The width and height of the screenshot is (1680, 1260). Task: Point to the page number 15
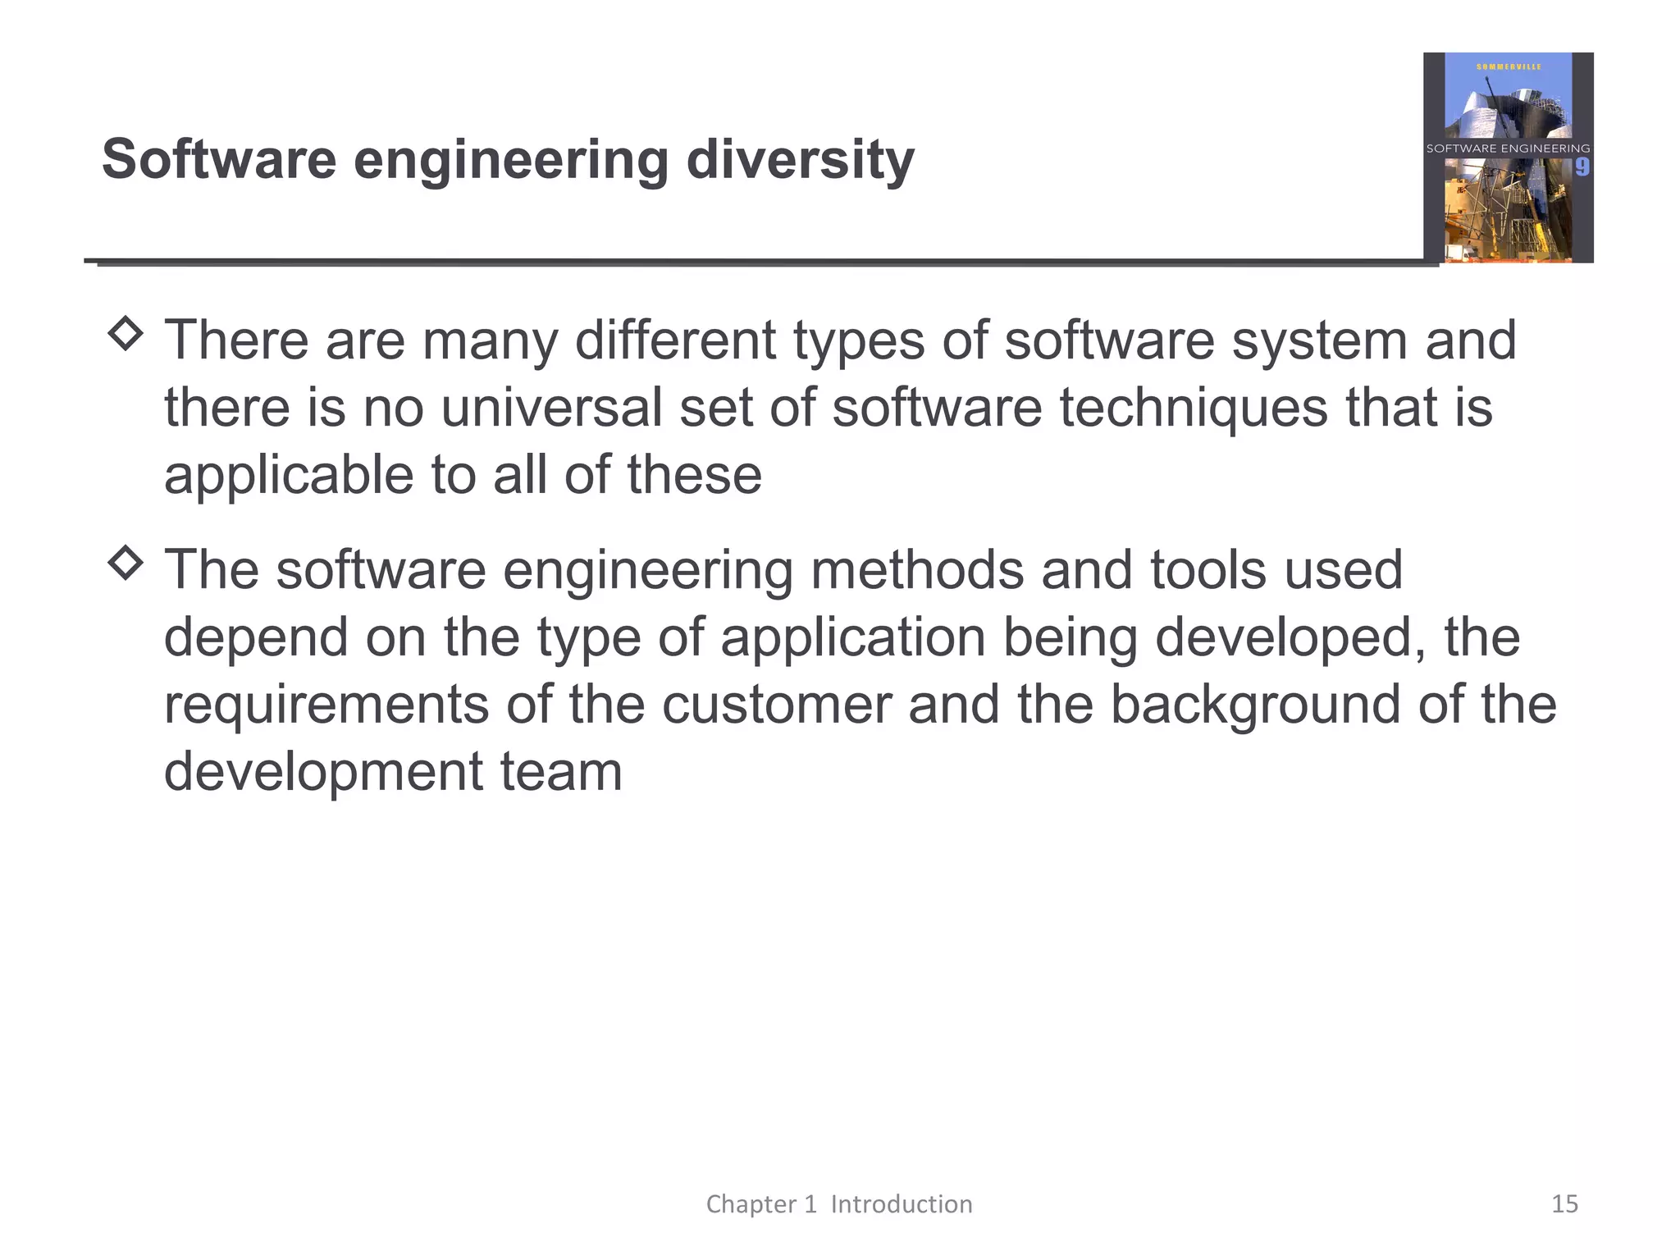1564,1204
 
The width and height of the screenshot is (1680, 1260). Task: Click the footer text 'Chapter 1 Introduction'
839,1204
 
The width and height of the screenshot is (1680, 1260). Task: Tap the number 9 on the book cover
1582,167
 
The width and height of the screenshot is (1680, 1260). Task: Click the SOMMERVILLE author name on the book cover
1509,66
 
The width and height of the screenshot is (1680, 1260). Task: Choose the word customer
776,705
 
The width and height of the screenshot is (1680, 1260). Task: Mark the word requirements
326,705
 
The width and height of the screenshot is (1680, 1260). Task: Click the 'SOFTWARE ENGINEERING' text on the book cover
1508,148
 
